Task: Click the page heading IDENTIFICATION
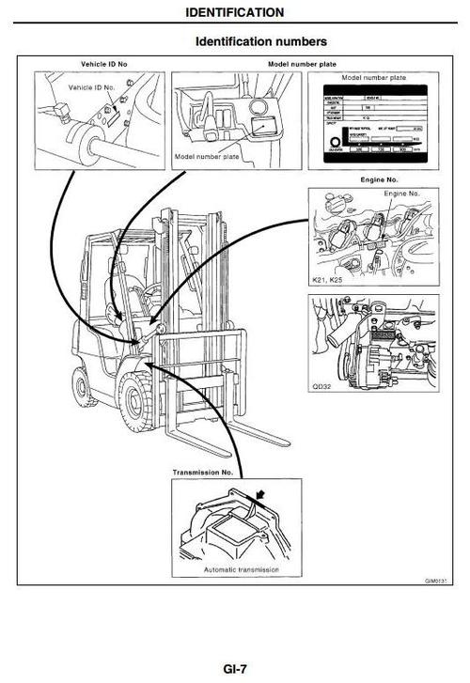click(234, 12)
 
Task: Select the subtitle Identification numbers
click(260, 42)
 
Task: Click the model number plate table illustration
click(374, 124)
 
